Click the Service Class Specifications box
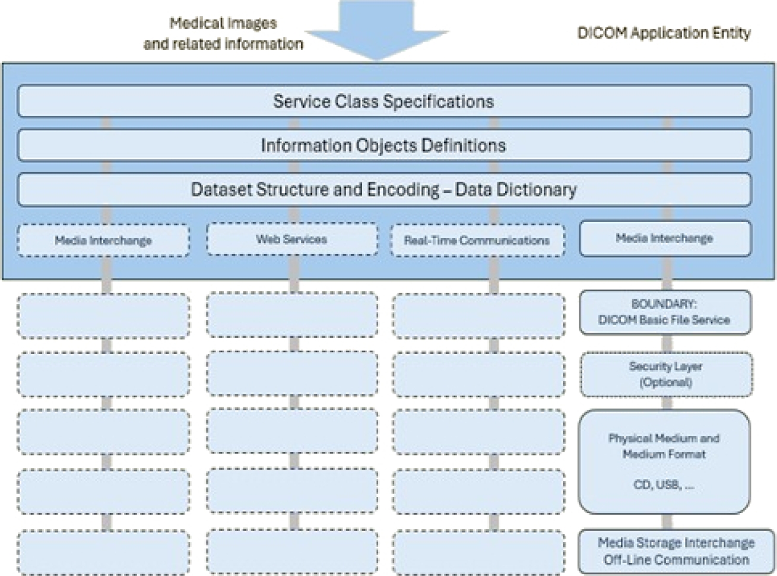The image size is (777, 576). pos(384,102)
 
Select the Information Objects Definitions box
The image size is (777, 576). pos(384,145)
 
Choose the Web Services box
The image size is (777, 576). pos(291,239)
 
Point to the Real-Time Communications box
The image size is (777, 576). pos(477,240)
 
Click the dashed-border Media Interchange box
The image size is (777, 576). pos(103,240)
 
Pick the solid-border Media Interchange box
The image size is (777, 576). pos(664,239)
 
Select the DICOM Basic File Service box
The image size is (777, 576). pos(664,312)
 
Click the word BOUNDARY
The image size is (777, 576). pos(664,304)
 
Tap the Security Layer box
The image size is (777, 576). pos(665,375)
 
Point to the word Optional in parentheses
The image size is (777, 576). pos(665,382)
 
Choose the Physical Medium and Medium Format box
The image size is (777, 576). pos(664,461)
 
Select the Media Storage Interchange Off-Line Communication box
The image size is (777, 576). pos(676,551)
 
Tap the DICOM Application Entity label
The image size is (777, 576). pos(664,33)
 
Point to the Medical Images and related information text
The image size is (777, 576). pos(223,34)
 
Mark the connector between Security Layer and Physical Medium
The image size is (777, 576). pos(667,403)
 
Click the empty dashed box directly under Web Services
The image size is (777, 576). pos(291,315)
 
